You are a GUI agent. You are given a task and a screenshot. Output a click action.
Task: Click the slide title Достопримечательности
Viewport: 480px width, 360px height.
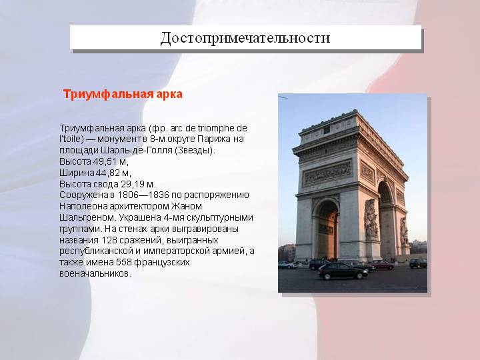tap(245, 38)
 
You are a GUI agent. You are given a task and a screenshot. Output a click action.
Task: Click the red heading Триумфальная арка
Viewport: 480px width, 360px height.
tap(123, 94)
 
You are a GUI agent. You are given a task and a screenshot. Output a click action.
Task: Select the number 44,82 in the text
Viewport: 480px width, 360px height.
tap(108, 173)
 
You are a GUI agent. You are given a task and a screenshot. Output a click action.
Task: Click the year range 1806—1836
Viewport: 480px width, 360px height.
tap(143, 195)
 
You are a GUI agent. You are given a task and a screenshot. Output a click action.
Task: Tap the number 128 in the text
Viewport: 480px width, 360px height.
tap(109, 240)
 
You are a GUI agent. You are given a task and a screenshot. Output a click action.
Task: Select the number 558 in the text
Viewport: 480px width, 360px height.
tap(124, 263)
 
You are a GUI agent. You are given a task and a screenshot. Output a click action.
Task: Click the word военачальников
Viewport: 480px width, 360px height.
tap(95, 274)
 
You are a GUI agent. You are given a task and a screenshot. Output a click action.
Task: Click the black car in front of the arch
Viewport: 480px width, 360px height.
tap(343, 271)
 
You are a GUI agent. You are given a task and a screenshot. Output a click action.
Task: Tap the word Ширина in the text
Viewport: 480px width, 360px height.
tap(77, 173)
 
